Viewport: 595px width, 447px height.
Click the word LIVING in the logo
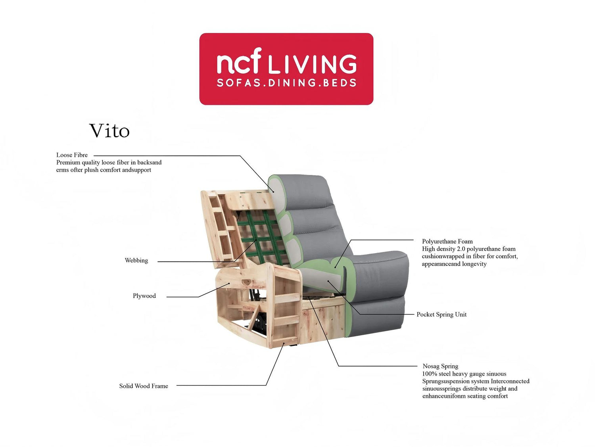coord(313,64)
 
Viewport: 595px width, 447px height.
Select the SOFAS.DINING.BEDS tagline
coord(286,82)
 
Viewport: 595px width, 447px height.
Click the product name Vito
coord(109,131)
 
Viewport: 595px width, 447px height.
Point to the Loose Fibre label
coord(72,155)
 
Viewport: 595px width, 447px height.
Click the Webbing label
coord(136,261)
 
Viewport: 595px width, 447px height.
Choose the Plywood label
coord(144,296)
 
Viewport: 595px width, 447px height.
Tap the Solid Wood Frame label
coord(144,386)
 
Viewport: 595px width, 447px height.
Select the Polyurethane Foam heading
coord(447,241)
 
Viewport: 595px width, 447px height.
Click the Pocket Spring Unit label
coord(441,315)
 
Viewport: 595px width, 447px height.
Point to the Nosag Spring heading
coord(440,366)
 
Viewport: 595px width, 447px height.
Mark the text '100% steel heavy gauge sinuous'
coord(464,374)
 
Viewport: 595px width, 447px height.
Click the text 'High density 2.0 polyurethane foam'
coord(468,249)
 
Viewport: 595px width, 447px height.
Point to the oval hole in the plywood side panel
coord(246,282)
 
